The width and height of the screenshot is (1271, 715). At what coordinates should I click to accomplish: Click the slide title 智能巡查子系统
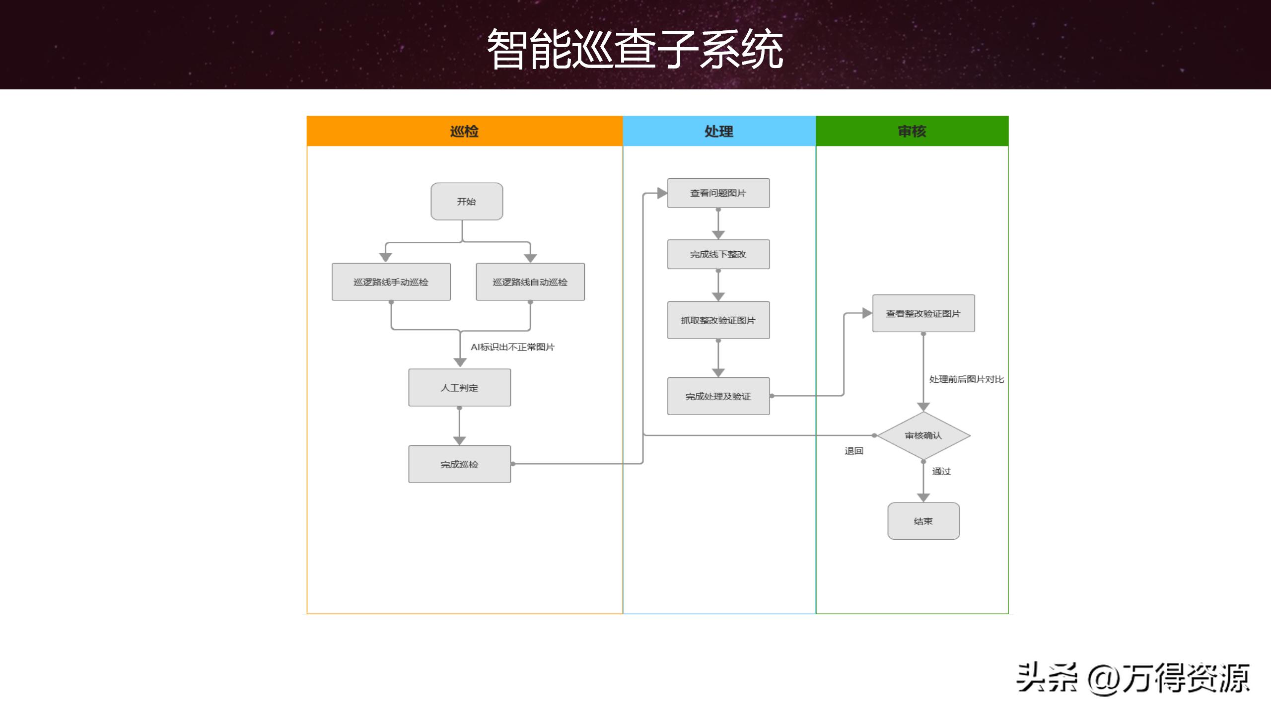(x=635, y=49)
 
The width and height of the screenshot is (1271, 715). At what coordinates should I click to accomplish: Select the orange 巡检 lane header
(x=464, y=131)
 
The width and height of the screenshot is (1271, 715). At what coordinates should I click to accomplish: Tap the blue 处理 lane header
(x=719, y=131)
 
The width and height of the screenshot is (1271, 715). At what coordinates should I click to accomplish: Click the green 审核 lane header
(x=912, y=131)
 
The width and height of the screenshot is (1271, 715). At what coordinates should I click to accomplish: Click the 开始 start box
(x=467, y=202)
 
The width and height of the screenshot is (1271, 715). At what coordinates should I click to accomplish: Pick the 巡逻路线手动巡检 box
(x=391, y=282)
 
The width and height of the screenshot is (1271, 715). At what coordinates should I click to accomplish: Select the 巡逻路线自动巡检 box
(x=530, y=282)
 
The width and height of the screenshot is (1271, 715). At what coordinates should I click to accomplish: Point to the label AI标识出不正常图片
(x=512, y=347)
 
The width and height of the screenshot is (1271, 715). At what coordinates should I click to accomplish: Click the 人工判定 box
(x=460, y=388)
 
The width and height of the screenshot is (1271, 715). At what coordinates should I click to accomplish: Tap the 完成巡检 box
(x=460, y=464)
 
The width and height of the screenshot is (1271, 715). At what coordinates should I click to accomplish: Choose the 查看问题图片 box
(x=718, y=193)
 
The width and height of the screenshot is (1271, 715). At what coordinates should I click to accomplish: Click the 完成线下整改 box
(x=718, y=254)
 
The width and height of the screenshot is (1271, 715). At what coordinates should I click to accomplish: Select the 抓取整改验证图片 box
(x=718, y=320)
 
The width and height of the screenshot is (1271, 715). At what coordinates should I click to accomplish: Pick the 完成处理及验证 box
(x=718, y=396)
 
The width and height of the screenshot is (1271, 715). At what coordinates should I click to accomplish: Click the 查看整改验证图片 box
(x=923, y=314)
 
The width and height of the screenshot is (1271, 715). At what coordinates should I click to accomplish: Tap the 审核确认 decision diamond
(x=923, y=435)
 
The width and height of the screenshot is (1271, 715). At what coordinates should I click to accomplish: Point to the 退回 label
(x=854, y=451)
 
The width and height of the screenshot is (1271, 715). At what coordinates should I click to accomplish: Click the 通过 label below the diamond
(x=941, y=471)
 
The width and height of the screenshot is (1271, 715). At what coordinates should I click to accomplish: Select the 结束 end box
(x=923, y=521)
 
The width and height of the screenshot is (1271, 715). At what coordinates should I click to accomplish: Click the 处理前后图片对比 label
(x=966, y=379)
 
